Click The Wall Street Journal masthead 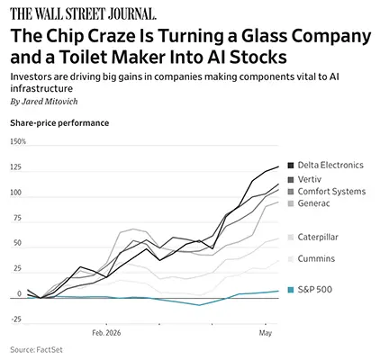(83, 13)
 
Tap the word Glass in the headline (265, 36)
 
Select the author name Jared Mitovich (50, 102)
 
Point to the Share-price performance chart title (59, 123)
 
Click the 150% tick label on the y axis (18, 141)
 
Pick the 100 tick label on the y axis (15, 193)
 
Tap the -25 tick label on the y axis (16, 319)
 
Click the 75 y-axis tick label (18, 218)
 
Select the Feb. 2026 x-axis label (106, 333)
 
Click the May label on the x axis (266, 333)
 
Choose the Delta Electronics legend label (330, 165)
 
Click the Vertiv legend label (310, 179)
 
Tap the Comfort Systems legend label (331, 192)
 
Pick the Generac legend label (313, 203)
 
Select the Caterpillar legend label (318, 237)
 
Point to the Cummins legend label (316, 258)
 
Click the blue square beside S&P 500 (290, 290)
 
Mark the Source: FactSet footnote (36, 349)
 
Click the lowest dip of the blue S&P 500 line (199, 305)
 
